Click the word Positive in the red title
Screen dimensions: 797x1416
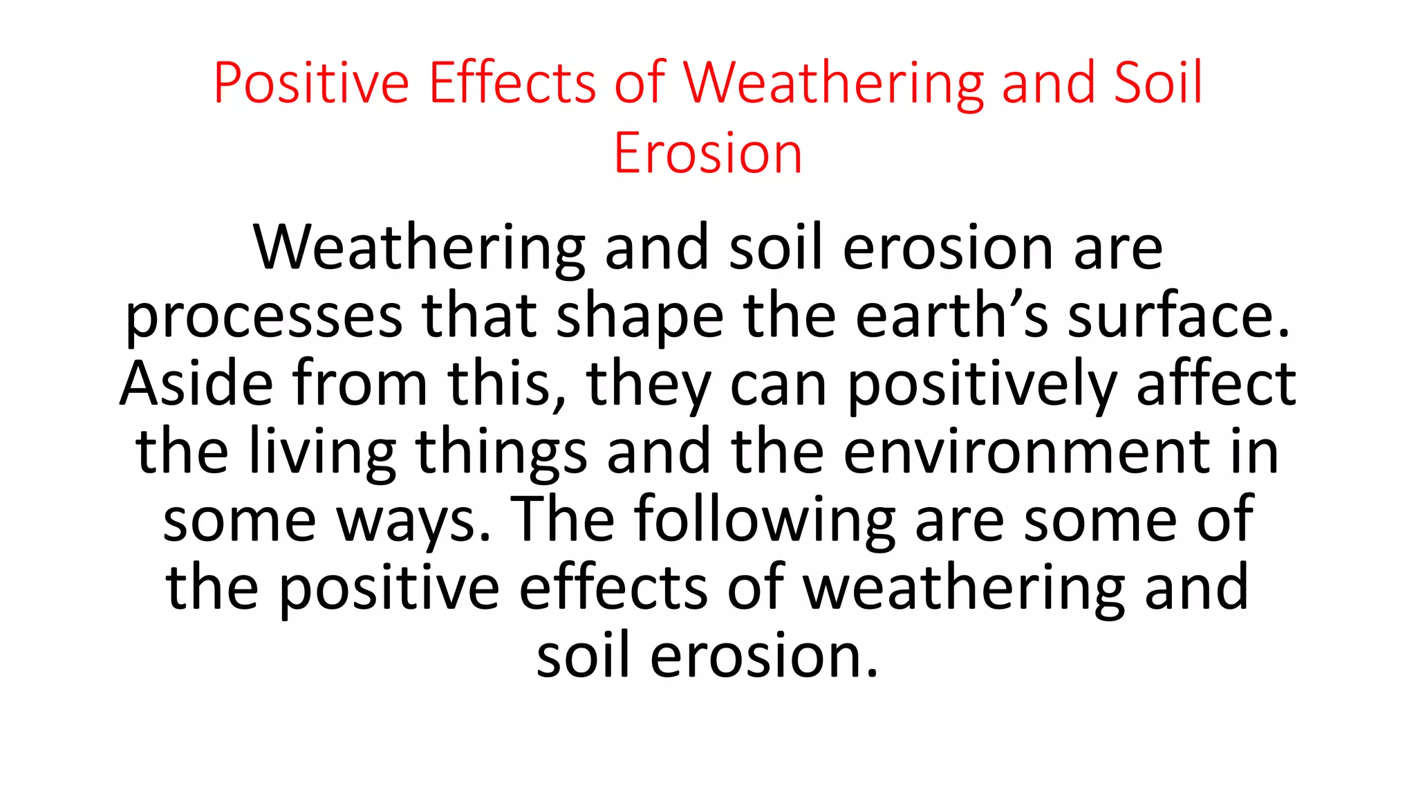(x=311, y=84)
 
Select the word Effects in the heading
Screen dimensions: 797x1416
(x=512, y=84)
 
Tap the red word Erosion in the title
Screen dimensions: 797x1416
(x=707, y=154)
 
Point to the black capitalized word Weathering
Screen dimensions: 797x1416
(x=419, y=248)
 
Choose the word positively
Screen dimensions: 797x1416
(x=982, y=385)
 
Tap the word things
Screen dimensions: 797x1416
(x=501, y=452)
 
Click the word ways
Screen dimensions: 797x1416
(x=413, y=520)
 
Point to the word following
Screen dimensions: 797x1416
(x=765, y=520)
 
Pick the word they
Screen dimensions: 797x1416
(x=648, y=385)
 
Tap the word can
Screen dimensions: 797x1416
(x=779, y=385)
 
